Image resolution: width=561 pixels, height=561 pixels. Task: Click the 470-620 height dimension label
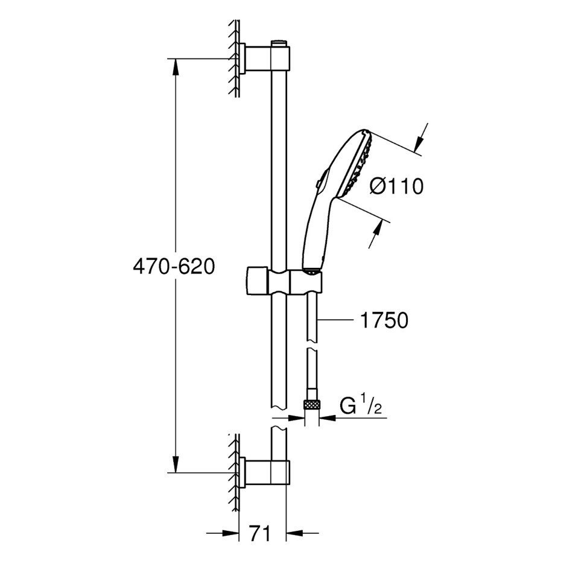pos(174,267)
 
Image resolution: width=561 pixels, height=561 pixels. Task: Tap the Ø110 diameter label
pos(396,186)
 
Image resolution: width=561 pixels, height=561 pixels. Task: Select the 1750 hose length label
pos(384,320)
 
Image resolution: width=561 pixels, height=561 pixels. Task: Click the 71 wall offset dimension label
pos(261,533)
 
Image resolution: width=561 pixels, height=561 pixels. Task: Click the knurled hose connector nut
pos(311,405)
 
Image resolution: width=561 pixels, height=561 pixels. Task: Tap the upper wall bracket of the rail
pos(265,59)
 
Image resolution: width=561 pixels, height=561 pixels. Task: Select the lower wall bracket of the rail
pos(265,472)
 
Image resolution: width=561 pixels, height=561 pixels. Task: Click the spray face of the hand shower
pos(358,165)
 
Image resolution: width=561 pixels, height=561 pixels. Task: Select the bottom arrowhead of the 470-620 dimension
pos(176,464)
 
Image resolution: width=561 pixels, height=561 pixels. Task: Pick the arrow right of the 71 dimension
pos(302,533)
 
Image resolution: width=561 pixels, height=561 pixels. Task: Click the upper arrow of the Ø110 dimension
pos(420,138)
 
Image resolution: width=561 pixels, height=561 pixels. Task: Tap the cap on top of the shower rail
pos(281,43)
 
